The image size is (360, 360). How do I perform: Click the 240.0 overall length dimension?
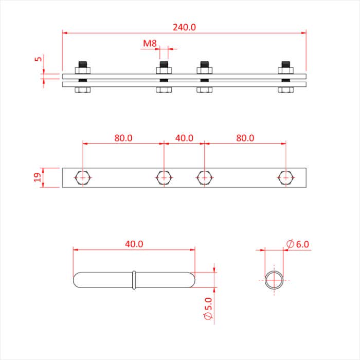(184, 27)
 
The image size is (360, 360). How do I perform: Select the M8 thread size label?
(150, 44)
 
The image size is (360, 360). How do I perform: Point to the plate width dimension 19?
(37, 177)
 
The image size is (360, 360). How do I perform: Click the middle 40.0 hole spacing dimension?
(184, 138)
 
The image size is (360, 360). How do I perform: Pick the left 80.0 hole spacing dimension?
(123, 138)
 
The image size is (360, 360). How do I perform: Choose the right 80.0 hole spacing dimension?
(245, 138)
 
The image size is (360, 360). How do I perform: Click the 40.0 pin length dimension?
(134, 244)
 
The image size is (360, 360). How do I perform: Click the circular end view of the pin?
(274, 280)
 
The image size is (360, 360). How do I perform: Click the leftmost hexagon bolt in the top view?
(82, 177)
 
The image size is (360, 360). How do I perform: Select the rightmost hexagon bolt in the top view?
(285, 177)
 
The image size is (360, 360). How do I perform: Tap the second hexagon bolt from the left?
(164, 177)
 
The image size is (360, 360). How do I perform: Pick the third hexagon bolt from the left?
(204, 177)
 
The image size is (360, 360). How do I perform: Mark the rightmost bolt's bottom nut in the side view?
(285, 90)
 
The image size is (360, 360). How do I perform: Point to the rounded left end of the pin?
(78, 280)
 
